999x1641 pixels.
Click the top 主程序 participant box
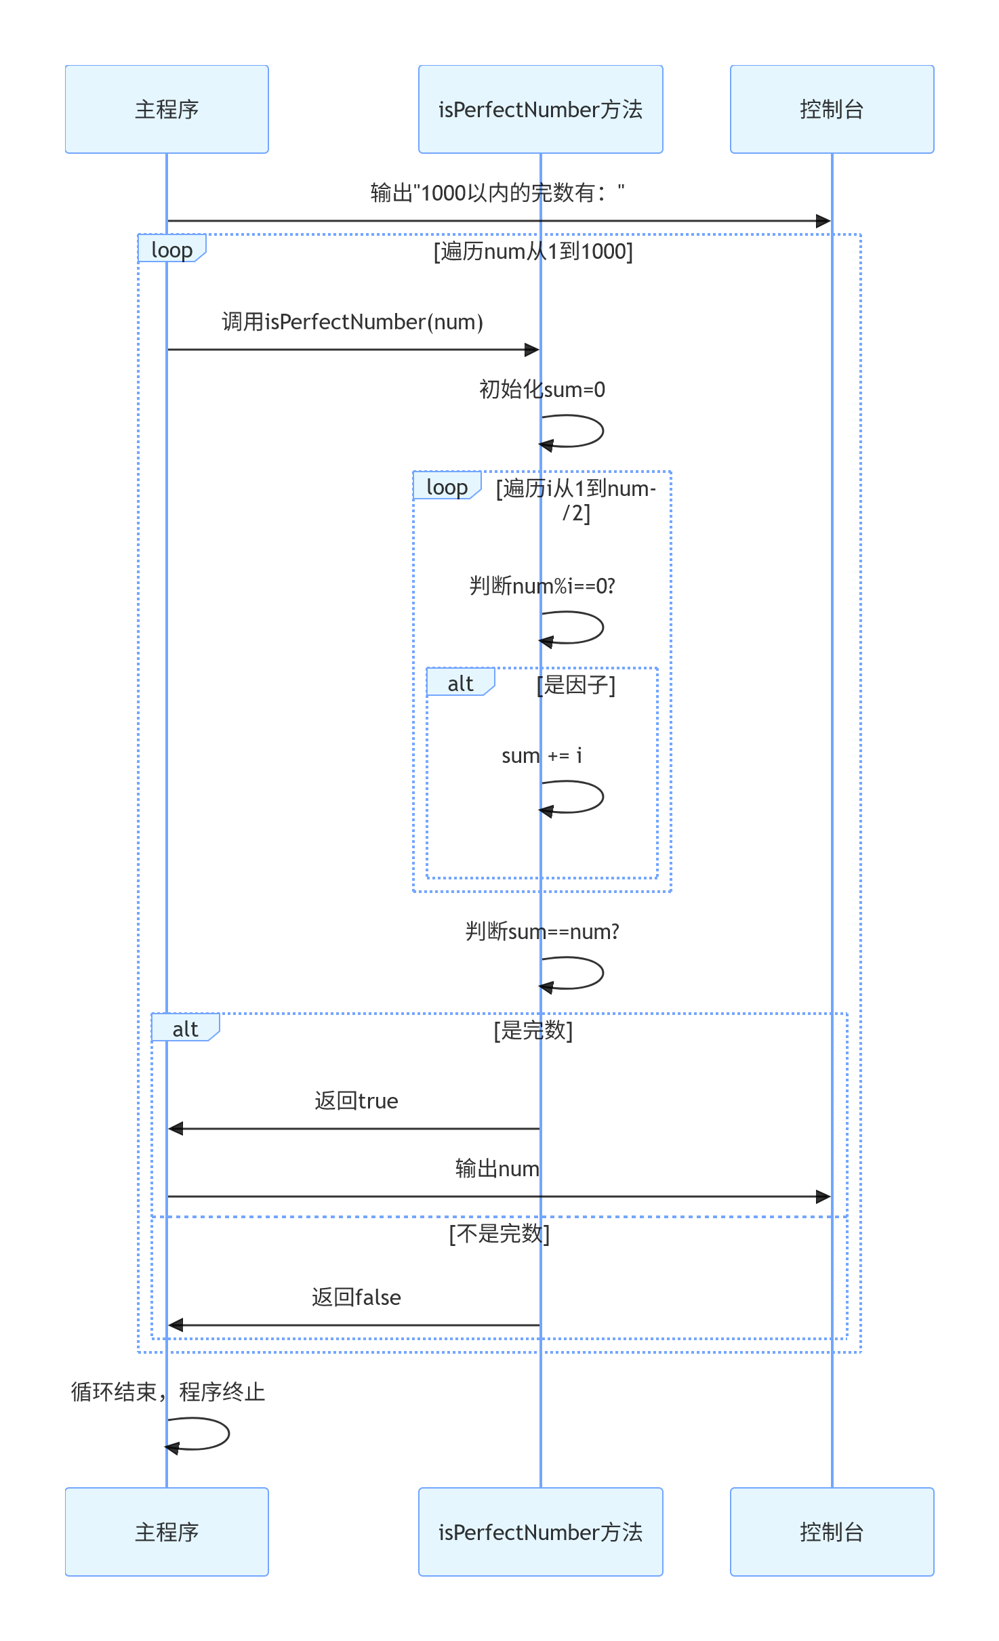point(167,109)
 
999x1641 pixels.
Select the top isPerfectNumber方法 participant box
point(541,109)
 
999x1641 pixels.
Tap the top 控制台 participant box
point(832,109)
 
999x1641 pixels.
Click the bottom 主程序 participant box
point(167,1531)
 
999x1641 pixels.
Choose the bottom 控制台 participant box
point(832,1531)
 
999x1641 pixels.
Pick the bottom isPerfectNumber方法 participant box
point(541,1531)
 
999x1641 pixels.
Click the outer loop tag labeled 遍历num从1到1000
point(172,249)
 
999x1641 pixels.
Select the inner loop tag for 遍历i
point(447,486)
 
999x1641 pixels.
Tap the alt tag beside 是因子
point(461,682)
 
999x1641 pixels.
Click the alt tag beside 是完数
point(186,1028)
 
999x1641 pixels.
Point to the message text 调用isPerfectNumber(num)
point(352,322)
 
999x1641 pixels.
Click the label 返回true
point(356,1101)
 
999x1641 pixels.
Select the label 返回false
point(356,1297)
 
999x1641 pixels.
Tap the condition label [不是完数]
point(499,1234)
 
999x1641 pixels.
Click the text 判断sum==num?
point(542,932)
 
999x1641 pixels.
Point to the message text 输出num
point(497,1169)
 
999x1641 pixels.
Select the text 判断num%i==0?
point(542,586)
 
